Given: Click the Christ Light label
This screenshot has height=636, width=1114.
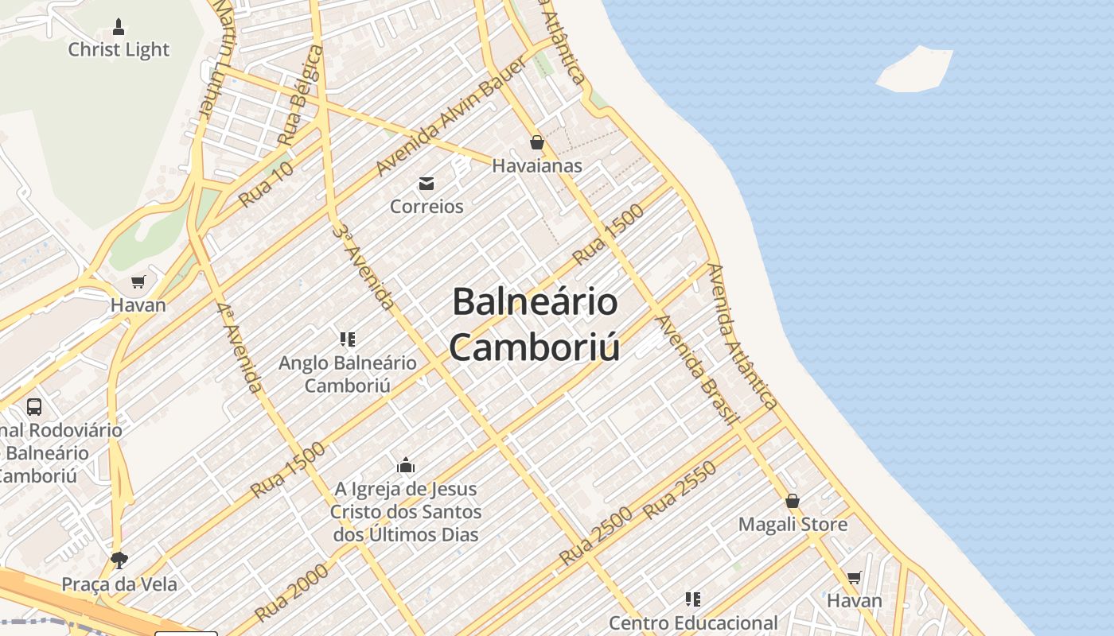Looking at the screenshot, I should pos(119,49).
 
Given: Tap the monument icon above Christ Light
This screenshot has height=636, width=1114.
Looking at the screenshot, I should pos(119,27).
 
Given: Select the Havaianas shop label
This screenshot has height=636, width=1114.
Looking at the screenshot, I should pos(537,166).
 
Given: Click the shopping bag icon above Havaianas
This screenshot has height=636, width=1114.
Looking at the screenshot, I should pos(537,142).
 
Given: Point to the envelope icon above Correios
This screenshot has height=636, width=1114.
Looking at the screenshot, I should pos(427,184).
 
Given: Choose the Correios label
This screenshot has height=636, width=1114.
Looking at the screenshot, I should pos(427,207).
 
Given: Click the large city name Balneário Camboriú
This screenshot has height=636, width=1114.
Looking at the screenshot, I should pos(534,324).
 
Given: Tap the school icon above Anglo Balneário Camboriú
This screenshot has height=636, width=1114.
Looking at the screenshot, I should pos(347,339).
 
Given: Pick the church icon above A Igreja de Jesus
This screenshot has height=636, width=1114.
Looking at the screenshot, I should pos(406,465).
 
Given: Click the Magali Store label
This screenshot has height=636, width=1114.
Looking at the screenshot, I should pos(793,525).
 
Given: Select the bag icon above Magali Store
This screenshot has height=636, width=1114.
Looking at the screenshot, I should pos(793,501).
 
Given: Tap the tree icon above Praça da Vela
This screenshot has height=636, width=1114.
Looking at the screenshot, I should pos(119,560).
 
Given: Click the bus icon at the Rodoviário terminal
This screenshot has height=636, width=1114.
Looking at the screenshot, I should pos(34,406).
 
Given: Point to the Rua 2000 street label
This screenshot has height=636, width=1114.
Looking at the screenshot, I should pos(292,592).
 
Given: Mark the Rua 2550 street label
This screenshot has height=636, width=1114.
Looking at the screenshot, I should pos(680,490).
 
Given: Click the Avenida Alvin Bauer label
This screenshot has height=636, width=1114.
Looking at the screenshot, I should pos(450,117).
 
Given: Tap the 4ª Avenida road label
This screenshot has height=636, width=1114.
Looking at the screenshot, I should pos(239,347).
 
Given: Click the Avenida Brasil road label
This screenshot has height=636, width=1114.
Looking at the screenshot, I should pos(698,370).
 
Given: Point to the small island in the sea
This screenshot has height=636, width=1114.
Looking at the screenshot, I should pos(915,69).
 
